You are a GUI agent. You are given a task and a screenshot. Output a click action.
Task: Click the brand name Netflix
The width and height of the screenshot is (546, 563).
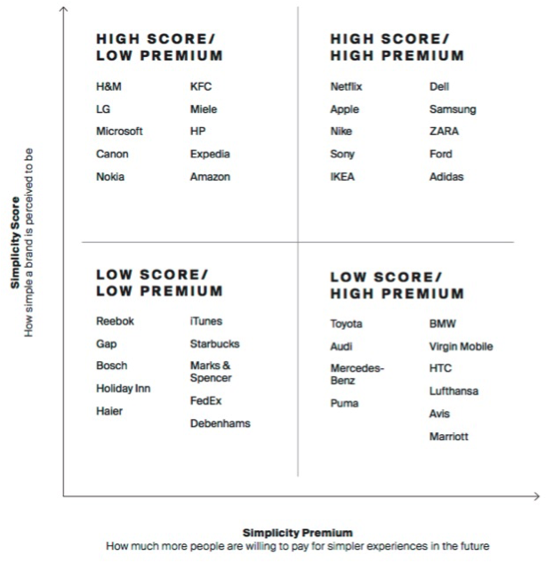click(x=346, y=87)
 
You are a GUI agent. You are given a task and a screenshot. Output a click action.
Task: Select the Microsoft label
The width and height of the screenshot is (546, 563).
click(x=119, y=132)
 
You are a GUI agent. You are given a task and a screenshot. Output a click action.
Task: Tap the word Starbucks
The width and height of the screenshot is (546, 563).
click(x=214, y=343)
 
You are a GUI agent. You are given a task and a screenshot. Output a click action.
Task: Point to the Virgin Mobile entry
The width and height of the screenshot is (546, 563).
click(x=461, y=347)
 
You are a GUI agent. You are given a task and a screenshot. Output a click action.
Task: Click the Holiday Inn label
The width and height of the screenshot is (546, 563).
click(x=122, y=389)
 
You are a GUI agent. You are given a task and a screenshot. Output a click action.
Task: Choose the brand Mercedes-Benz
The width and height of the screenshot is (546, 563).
click(x=357, y=374)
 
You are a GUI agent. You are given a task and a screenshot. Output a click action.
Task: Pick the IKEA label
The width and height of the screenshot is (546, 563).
click(x=342, y=177)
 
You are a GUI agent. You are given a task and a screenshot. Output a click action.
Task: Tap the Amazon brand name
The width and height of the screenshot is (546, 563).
click(x=210, y=177)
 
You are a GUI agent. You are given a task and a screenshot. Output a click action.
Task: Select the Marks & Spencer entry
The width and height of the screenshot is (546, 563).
click(x=210, y=372)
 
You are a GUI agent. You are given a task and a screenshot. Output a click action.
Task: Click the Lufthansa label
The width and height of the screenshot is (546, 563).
click(x=454, y=391)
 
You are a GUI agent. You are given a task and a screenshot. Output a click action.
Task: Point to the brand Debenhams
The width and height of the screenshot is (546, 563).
click(x=220, y=424)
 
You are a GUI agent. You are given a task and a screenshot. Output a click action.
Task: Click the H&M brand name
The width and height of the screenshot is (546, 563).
click(x=109, y=87)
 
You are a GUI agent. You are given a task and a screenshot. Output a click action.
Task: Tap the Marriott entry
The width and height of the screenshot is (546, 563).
click(x=448, y=437)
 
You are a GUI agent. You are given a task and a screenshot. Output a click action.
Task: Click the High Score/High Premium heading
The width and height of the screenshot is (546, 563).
click(x=397, y=47)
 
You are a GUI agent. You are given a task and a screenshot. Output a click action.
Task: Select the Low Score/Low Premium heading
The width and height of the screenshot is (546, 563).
click(x=159, y=283)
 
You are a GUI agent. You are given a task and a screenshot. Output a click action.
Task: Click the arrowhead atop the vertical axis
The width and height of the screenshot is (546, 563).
click(x=64, y=9)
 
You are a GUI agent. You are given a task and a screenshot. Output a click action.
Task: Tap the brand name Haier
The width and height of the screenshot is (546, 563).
click(x=109, y=412)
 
